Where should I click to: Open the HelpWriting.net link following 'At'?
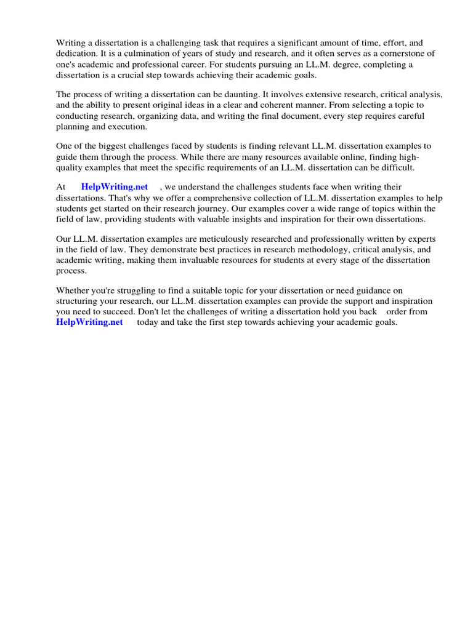coord(115,187)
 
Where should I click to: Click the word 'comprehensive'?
coord(216,198)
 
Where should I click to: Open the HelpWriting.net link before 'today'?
coord(89,322)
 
